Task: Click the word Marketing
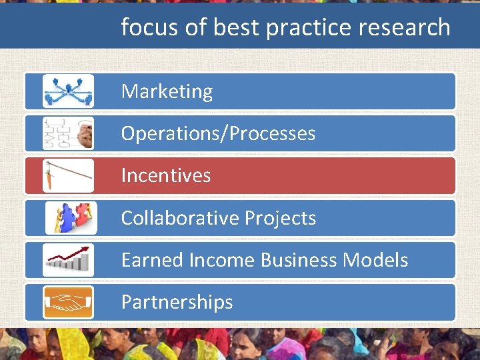[x=167, y=91]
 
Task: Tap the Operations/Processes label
[x=218, y=133]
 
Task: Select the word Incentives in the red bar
[x=166, y=175]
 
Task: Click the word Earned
[x=151, y=260]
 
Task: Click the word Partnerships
[x=177, y=302]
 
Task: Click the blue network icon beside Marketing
[x=68, y=91]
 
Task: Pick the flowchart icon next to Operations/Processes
[x=68, y=133]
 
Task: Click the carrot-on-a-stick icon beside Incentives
[x=68, y=175]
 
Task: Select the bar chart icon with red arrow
[x=68, y=260]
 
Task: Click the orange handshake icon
[x=68, y=302]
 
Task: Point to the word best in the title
[x=233, y=27]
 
